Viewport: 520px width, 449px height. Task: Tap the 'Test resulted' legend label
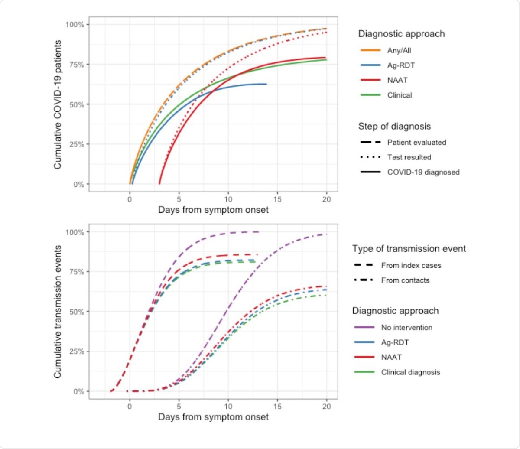[x=409, y=157]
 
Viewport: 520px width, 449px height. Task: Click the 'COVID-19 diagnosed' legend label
[x=423, y=172]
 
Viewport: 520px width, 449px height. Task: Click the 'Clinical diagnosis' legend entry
[x=410, y=372]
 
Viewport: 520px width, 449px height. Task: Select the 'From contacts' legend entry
[x=405, y=280]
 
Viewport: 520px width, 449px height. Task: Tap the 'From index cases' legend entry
[x=411, y=265]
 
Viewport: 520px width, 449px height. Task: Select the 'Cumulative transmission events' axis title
[x=58, y=311]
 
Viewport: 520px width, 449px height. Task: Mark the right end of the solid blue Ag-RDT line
[x=266, y=84]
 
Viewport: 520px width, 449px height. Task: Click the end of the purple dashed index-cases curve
[x=259, y=232]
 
